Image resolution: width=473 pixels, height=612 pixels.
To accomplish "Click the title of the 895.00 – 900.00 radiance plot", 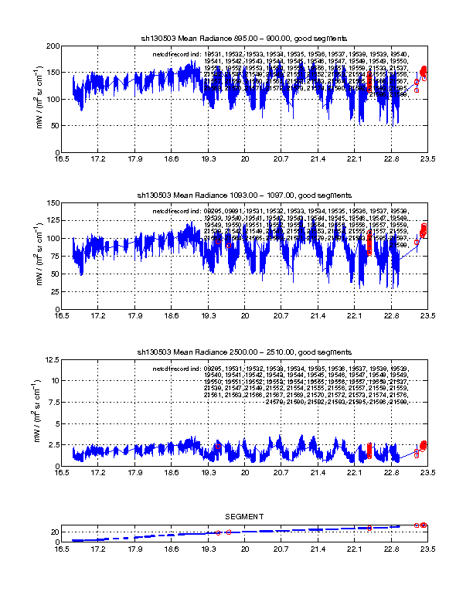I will (243, 37).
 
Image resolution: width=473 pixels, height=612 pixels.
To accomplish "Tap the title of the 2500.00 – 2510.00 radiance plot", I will (243, 352).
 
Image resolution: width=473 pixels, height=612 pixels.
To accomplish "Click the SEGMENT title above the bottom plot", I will (244, 516).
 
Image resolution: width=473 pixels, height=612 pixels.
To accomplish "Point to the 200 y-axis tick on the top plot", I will (54, 46).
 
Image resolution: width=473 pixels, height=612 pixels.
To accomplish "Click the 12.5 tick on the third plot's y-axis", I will (52, 360).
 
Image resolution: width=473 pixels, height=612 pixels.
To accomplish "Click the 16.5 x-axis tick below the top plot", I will (63, 160).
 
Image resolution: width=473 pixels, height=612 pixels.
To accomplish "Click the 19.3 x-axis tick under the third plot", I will (208, 474).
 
